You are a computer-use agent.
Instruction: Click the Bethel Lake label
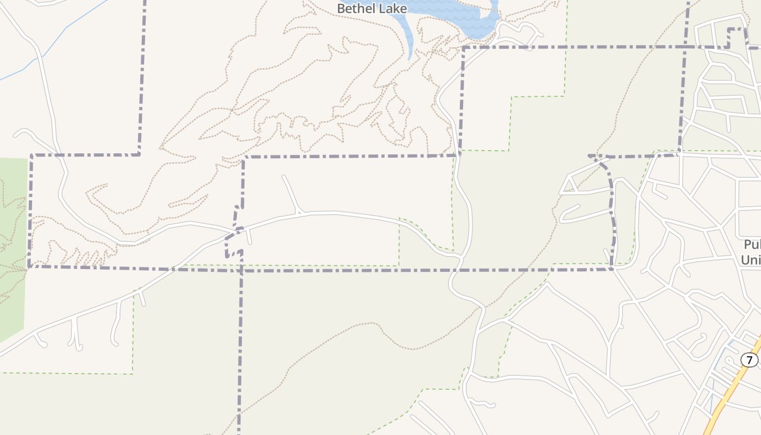(372, 9)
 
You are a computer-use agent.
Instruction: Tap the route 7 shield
(749, 360)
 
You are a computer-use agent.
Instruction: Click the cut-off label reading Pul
(752, 245)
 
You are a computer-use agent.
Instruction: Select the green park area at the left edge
(12, 245)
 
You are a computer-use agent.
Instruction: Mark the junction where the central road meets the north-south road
(460, 256)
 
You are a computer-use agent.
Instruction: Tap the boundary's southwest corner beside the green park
(29, 266)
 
